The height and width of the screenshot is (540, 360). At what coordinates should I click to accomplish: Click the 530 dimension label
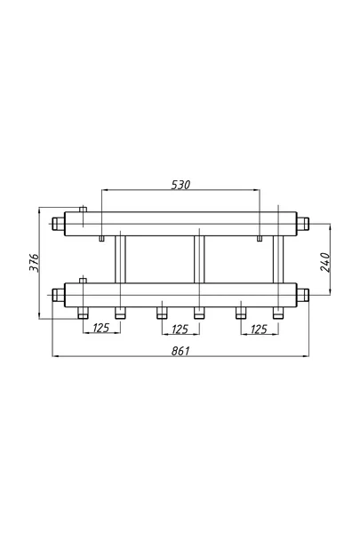point(180,185)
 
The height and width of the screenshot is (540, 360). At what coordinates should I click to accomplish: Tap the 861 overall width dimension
point(180,351)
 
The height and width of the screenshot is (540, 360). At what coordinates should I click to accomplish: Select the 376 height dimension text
point(34,263)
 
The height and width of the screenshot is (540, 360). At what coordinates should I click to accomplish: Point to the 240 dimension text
point(325,262)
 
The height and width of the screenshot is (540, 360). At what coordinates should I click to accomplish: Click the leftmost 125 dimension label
point(101,328)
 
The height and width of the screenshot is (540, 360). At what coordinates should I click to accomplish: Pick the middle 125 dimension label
point(180,330)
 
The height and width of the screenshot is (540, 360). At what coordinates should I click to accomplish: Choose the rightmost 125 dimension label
point(259,330)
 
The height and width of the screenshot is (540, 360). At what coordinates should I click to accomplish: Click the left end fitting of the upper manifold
point(59,224)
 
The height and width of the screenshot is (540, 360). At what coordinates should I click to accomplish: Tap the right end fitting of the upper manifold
point(303,223)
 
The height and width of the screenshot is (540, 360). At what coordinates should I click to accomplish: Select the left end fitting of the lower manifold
point(59,295)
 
